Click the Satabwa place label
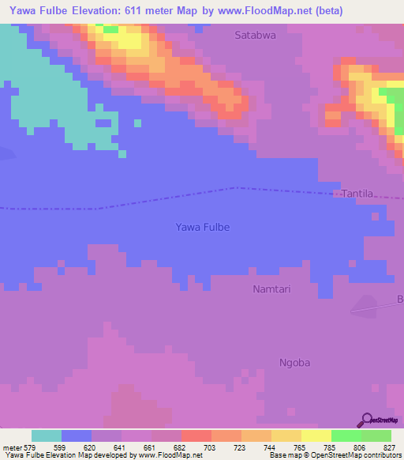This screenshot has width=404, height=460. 256,35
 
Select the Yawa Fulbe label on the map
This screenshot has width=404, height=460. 202,228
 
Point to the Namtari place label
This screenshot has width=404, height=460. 271,289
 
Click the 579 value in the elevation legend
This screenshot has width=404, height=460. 30,447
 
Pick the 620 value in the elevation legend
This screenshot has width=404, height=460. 91,447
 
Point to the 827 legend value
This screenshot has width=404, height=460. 391,447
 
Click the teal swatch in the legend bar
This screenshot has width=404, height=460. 47,435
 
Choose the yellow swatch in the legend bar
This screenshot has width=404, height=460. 316,435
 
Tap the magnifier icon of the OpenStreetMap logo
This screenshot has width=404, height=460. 366,420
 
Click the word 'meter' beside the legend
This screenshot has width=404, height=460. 13,447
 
